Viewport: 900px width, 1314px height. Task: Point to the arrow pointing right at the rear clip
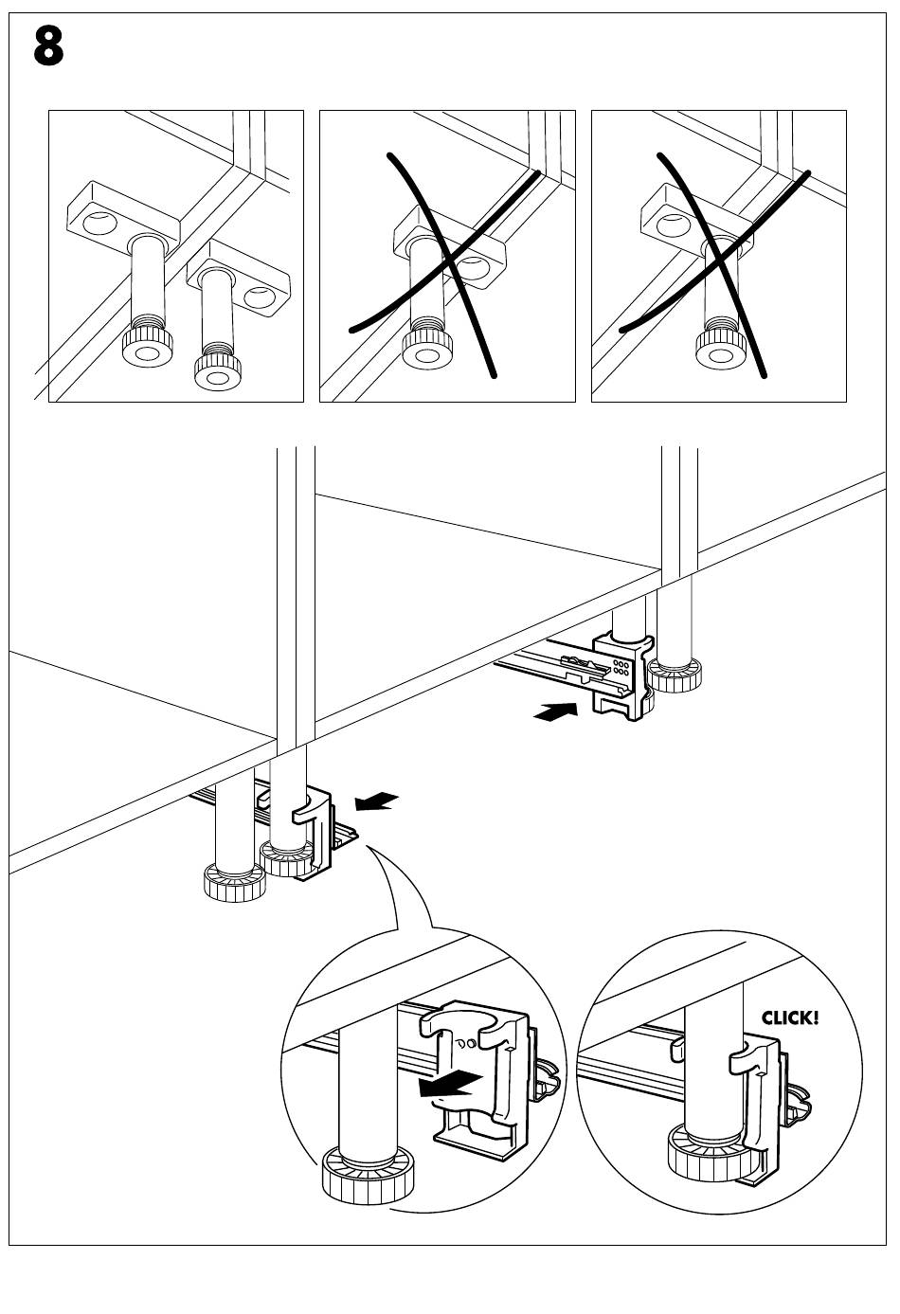point(555,712)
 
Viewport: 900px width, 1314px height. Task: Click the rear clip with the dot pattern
point(621,675)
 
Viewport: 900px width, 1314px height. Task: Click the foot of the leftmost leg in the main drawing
point(235,883)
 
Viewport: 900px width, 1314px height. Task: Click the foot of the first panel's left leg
point(148,350)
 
